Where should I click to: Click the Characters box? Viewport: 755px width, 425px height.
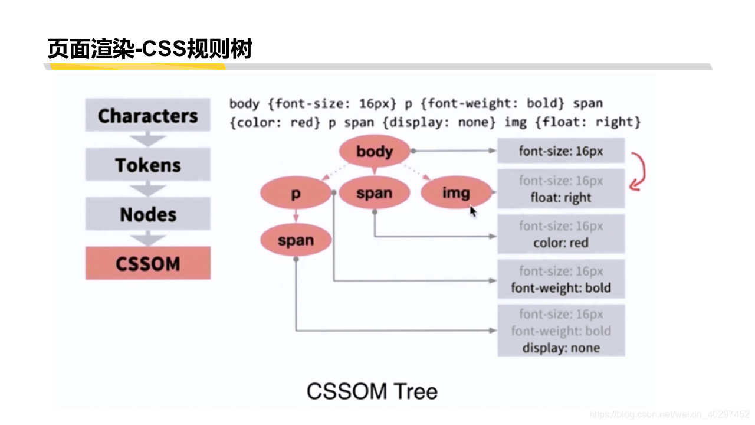tap(147, 115)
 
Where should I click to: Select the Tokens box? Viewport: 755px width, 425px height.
tap(147, 165)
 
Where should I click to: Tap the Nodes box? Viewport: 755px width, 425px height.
tap(147, 214)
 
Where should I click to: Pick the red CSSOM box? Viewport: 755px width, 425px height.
tap(147, 263)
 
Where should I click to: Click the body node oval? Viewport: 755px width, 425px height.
tap(374, 151)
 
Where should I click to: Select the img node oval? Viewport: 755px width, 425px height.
tap(455, 192)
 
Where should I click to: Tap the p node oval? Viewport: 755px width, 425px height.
tap(296, 193)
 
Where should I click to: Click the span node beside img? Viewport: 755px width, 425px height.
tap(374, 193)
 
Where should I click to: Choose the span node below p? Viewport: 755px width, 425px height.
tap(296, 240)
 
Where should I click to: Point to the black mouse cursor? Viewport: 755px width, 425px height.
tap(472, 211)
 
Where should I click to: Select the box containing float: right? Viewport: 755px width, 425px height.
tap(560, 189)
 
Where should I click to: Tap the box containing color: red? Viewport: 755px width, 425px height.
tap(560, 234)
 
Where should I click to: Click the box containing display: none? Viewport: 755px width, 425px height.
tap(560, 331)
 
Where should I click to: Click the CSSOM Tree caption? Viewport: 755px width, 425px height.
tap(372, 391)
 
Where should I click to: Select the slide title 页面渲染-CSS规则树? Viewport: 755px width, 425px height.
tap(150, 50)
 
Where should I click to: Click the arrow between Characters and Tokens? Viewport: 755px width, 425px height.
tap(147, 140)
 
